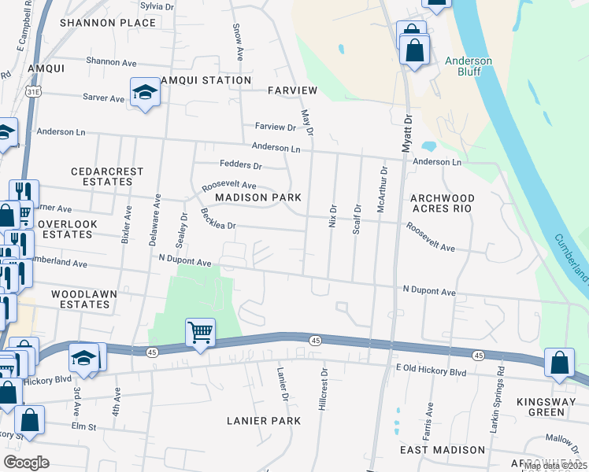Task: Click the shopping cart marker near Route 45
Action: (201, 333)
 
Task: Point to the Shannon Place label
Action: (108, 23)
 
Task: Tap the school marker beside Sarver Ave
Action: (146, 94)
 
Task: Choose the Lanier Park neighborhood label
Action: (263, 421)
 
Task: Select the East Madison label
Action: (442, 450)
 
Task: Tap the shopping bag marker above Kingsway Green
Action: (558, 363)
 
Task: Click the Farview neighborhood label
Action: (291, 90)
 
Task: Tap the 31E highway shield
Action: (33, 91)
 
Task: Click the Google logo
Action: (26, 462)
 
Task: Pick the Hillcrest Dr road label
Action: (323, 385)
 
